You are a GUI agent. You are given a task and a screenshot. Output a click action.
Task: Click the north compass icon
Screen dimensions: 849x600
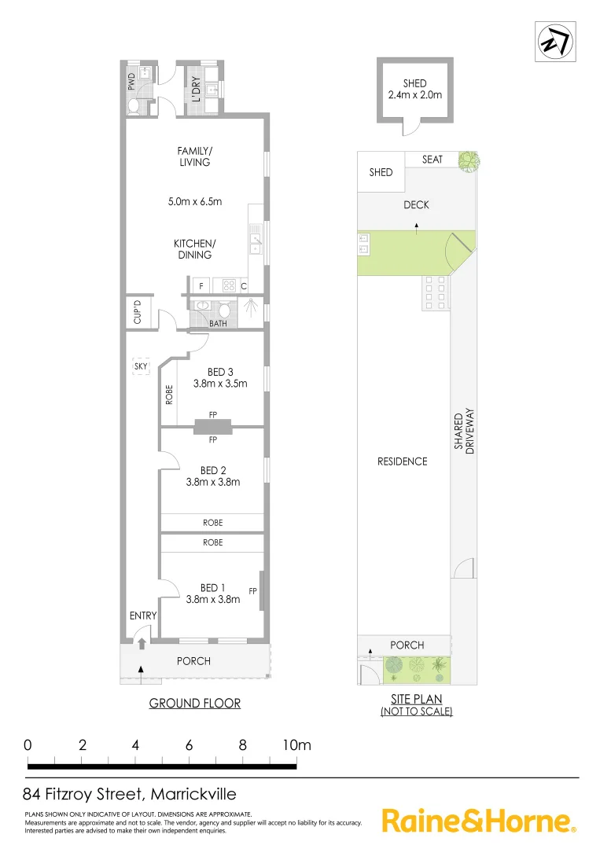(x=554, y=42)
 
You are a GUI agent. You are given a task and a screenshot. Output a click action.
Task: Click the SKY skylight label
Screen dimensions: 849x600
(x=141, y=366)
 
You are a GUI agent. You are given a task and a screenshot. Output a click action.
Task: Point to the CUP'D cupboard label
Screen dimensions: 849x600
(x=137, y=312)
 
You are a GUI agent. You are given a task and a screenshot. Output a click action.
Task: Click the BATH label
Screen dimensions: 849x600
(x=218, y=323)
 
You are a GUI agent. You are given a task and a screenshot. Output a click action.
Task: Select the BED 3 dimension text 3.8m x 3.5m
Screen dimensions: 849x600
(x=220, y=384)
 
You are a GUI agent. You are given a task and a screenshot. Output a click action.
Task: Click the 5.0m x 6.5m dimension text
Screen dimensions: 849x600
(x=195, y=201)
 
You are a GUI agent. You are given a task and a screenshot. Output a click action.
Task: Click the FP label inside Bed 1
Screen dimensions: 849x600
(x=253, y=590)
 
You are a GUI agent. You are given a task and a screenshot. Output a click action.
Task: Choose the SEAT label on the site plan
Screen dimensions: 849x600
(x=433, y=160)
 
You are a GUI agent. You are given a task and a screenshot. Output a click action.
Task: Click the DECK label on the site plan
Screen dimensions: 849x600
(x=416, y=204)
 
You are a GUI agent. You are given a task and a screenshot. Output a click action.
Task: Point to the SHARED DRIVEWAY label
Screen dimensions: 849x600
(x=466, y=439)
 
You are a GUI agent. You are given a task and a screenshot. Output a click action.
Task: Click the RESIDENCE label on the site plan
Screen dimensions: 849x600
(x=403, y=461)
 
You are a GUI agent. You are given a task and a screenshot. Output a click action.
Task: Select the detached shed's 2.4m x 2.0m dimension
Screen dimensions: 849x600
(x=414, y=95)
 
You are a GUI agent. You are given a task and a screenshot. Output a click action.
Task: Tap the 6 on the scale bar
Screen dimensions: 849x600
(x=189, y=745)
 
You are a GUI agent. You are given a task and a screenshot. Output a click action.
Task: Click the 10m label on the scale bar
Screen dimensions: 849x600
(x=297, y=745)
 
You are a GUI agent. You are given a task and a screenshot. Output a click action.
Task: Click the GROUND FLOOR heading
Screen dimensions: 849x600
(x=195, y=703)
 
